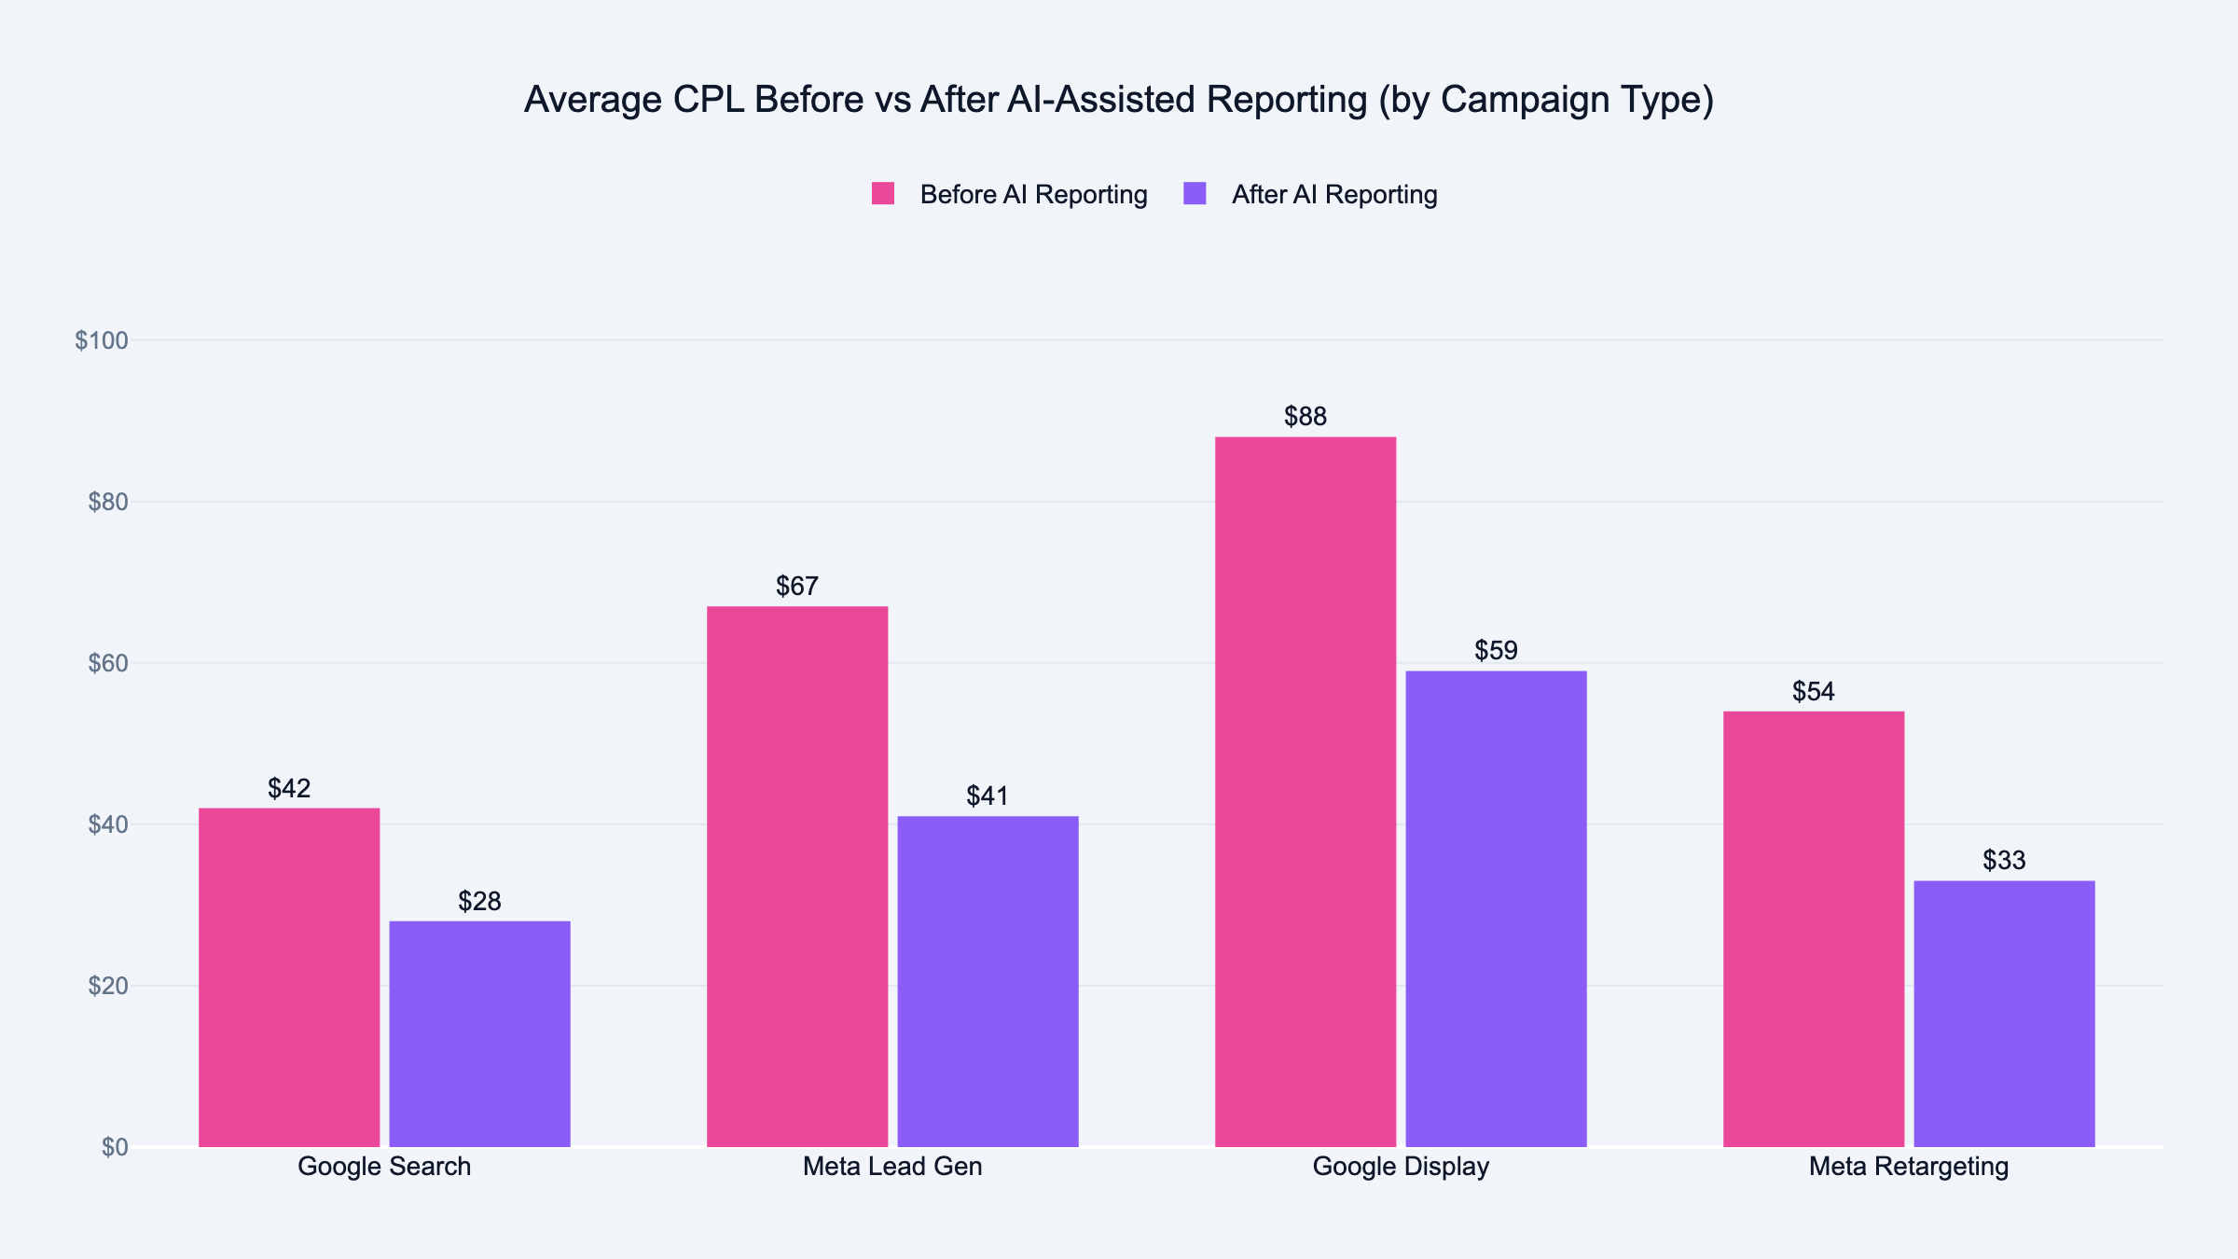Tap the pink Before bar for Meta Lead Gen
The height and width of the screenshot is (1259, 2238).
click(797, 877)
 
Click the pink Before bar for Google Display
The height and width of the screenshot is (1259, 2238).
click(1305, 792)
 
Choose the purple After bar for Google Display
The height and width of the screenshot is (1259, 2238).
click(1496, 908)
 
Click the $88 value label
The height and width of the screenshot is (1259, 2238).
click(1305, 416)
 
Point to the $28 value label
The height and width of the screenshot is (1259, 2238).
click(479, 901)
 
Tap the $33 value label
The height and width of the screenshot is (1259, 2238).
click(2004, 860)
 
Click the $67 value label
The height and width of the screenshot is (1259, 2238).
click(797, 586)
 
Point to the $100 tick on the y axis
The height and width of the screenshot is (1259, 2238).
click(102, 340)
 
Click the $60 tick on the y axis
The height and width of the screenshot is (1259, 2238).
click(107, 663)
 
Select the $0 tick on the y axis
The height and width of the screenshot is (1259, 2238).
click(115, 1147)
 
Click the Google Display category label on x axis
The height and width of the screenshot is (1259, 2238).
click(1401, 1167)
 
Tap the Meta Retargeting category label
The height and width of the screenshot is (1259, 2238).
click(1909, 1167)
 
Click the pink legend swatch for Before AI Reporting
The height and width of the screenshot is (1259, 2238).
click(883, 193)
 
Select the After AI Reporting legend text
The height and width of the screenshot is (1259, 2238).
click(1334, 194)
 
